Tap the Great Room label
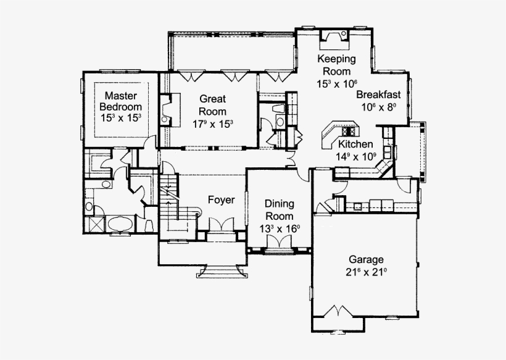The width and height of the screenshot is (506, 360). [x=212, y=104]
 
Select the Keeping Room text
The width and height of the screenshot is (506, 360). [x=337, y=65]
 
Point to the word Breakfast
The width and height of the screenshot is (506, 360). [x=378, y=95]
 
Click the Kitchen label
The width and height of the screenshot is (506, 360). [x=356, y=144]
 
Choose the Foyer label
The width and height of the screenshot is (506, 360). [x=220, y=199]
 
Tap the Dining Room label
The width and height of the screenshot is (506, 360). [x=279, y=209]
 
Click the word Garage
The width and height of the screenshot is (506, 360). [x=366, y=260]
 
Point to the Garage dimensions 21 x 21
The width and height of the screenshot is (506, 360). [x=366, y=272]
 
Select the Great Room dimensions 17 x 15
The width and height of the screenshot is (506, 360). [x=212, y=122]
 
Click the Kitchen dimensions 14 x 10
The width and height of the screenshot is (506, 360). [x=356, y=156]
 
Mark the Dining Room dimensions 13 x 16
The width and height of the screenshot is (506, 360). [x=280, y=229]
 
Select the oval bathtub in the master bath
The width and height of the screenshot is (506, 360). [x=120, y=223]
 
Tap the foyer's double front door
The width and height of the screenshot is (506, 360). [x=220, y=225]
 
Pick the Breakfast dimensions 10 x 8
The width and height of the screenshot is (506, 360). [x=378, y=107]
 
